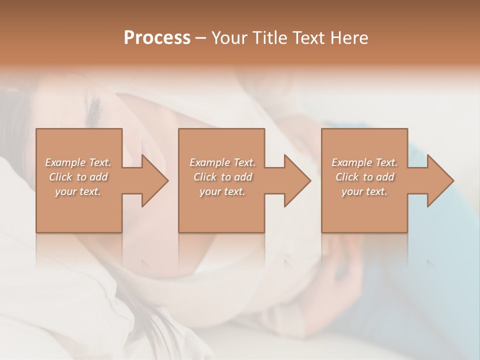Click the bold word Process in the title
[157, 38]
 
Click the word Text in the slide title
[307, 38]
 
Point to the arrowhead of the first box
[154, 180]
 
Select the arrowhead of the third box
[440, 180]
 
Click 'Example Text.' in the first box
[78, 162]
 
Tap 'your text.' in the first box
[78, 191]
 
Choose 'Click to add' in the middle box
[222, 177]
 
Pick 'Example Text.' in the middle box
[222, 162]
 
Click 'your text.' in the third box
[364, 191]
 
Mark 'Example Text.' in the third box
[364, 162]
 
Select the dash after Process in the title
[200, 38]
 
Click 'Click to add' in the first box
[78, 177]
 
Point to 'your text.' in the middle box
[222, 191]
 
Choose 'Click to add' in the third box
[364, 177]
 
